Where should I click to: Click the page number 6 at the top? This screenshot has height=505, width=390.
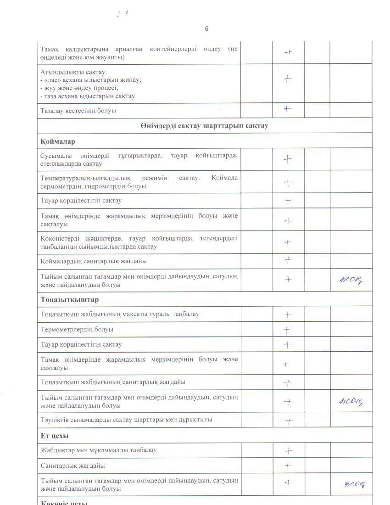(x=206, y=28)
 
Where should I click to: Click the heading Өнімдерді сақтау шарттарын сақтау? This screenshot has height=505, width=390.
(x=204, y=126)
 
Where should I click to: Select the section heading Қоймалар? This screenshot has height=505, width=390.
(x=58, y=141)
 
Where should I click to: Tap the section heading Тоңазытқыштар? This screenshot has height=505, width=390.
(x=69, y=299)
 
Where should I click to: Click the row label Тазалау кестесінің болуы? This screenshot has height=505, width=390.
(x=78, y=111)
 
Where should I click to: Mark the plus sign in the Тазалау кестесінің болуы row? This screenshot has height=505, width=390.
(x=288, y=109)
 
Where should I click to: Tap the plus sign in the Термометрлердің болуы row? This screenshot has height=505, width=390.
(x=288, y=330)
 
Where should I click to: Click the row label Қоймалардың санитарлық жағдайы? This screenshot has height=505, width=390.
(x=94, y=261)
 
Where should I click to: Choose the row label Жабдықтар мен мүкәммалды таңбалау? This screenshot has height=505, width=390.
(x=98, y=450)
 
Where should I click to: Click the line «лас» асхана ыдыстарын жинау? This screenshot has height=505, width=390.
(x=91, y=80)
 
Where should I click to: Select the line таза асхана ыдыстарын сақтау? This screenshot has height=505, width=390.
(x=88, y=96)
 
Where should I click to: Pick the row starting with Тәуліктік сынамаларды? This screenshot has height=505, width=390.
(x=126, y=420)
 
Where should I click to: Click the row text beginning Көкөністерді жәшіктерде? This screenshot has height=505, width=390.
(x=139, y=242)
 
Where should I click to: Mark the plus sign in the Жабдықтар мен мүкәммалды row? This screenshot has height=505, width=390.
(x=289, y=451)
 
